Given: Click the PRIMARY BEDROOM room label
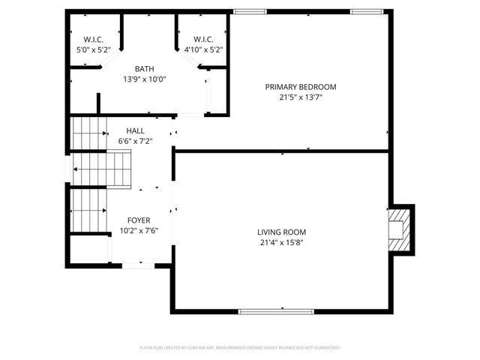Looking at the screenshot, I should [301, 87].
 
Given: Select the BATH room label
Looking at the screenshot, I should [145, 68].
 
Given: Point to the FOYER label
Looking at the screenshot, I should [139, 220].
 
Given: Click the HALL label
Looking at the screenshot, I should [136, 130].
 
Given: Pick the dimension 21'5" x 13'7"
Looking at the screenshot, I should [301, 97].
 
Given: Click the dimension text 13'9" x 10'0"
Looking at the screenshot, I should [145, 79].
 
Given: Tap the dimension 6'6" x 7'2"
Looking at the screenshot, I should [136, 141].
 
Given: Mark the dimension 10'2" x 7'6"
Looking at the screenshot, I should [139, 230].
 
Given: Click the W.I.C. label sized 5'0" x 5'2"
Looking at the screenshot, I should [93, 39].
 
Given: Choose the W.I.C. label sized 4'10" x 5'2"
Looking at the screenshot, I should [203, 39].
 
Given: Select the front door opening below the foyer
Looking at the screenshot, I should [139, 265].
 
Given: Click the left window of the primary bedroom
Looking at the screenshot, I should [250, 11].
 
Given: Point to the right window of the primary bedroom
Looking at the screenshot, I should [367, 11].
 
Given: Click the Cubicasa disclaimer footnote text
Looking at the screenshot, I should [240, 347].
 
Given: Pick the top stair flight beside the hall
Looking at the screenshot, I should [89, 133].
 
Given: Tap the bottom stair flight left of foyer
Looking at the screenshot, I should [89, 210].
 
